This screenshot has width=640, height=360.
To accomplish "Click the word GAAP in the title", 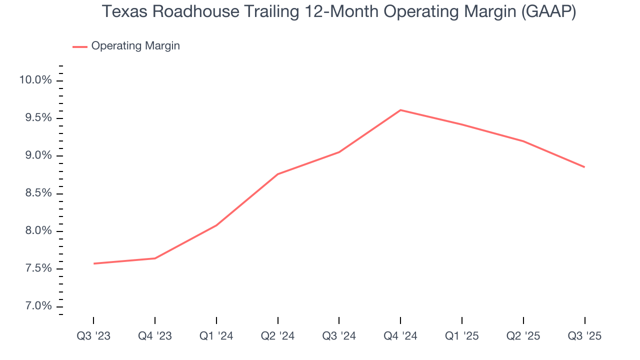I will click(x=548, y=12).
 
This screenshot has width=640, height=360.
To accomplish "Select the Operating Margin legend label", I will click(x=135, y=46).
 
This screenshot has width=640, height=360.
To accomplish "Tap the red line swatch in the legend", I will click(x=80, y=46).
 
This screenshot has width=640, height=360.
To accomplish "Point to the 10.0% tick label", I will click(x=35, y=80).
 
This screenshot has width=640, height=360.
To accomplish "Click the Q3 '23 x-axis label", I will click(x=93, y=336).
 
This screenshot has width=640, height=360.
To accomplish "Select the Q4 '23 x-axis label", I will click(x=155, y=336).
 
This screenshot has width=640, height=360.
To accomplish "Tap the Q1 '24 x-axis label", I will click(x=216, y=336).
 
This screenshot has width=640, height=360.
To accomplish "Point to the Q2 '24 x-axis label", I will click(x=277, y=336).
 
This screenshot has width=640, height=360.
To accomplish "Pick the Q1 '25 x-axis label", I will click(x=462, y=336).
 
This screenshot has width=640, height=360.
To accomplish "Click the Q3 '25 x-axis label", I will click(x=584, y=336).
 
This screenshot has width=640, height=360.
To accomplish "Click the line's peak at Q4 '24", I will click(x=400, y=110).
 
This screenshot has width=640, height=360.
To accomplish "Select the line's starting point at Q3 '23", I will click(x=93, y=263).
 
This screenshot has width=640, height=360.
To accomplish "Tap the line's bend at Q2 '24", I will click(x=277, y=174).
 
